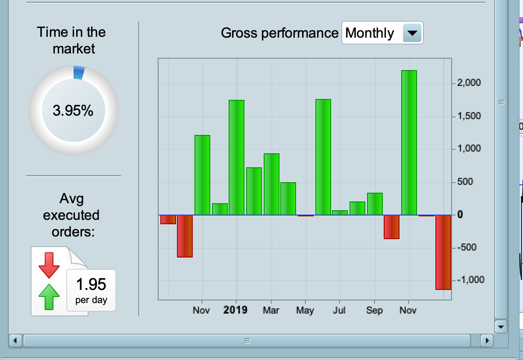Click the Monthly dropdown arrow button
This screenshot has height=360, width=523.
click(x=411, y=33)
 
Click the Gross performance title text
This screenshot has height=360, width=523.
click(x=279, y=33)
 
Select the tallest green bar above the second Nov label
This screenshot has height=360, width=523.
click(x=409, y=142)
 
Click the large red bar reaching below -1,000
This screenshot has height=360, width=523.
click(x=443, y=252)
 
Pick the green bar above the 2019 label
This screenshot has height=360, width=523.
click(x=237, y=158)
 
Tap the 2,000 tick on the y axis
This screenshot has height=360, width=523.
click(x=469, y=83)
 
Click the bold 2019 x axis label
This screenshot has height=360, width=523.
click(x=236, y=310)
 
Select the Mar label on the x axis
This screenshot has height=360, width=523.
click(x=271, y=310)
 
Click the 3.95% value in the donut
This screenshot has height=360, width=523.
click(x=73, y=111)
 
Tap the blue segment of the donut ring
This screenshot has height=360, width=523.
click(x=78, y=73)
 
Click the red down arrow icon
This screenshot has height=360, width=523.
click(x=49, y=265)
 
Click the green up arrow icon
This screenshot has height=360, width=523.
click(x=49, y=296)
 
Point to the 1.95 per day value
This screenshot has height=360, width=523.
click(x=91, y=290)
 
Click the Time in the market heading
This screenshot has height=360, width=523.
click(x=71, y=40)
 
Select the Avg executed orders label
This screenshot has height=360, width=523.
click(x=71, y=215)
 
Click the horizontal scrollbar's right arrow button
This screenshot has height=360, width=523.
click(x=487, y=340)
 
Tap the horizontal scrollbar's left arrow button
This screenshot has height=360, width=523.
click(x=15, y=340)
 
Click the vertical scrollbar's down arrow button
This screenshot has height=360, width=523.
click(x=501, y=327)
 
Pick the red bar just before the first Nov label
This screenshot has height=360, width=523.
click(x=185, y=236)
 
